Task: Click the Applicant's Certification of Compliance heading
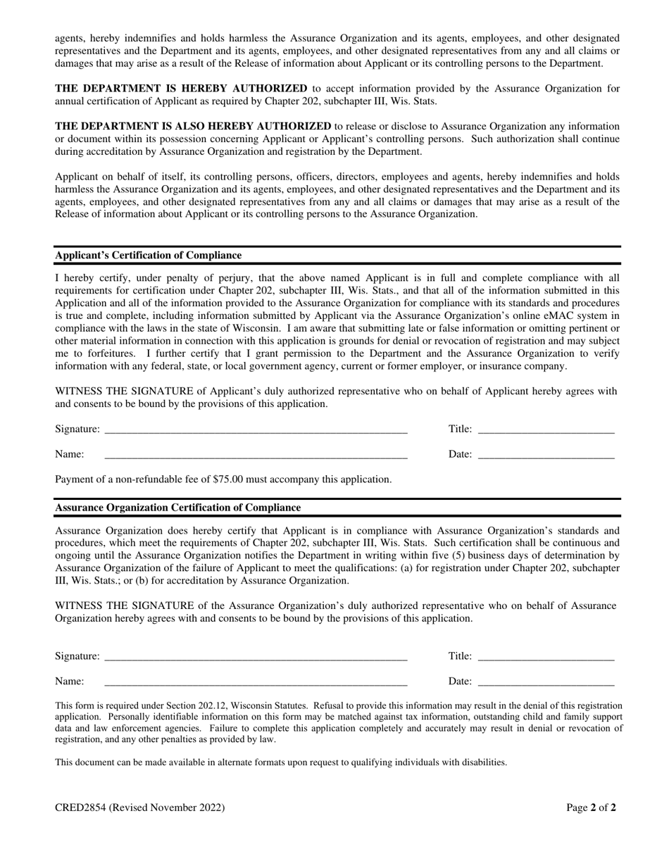148,256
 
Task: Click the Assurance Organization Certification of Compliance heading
177,508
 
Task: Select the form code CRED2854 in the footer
81,808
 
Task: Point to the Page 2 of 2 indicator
592,808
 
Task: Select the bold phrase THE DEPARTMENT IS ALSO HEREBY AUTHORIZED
193,126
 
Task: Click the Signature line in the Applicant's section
256,429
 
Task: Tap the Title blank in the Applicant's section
546,429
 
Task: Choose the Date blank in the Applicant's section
546,455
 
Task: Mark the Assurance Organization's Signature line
256,657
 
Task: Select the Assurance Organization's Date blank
546,682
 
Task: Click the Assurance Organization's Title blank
546,657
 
